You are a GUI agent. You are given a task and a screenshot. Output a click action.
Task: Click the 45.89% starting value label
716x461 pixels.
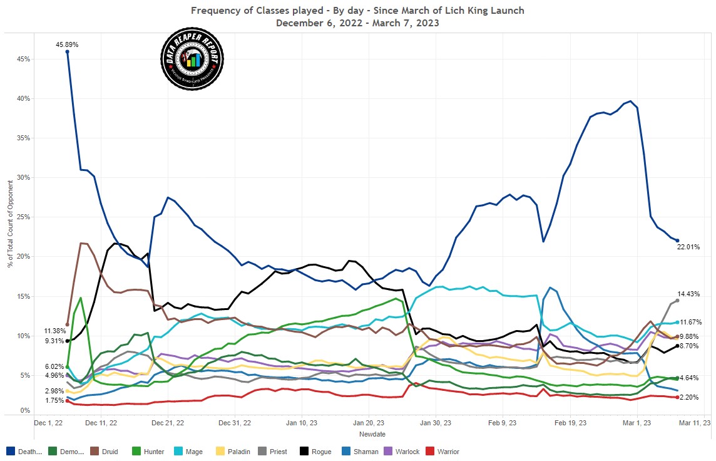click(66, 44)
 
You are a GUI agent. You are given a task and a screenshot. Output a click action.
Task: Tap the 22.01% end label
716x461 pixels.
click(688, 247)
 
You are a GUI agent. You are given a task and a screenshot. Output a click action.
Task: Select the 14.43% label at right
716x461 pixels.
click(688, 293)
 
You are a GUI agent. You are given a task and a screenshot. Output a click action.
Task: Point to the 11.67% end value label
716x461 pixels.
click(691, 322)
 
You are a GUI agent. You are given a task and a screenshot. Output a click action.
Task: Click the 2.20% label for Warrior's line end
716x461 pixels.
click(688, 397)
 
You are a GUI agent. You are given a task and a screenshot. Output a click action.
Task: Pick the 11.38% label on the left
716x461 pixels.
click(54, 330)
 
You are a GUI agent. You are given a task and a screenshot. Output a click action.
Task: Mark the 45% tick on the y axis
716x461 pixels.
click(23, 59)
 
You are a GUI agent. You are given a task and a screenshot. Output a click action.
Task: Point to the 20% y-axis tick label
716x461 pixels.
click(23, 257)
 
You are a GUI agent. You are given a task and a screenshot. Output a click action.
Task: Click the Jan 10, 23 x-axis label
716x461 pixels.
click(301, 423)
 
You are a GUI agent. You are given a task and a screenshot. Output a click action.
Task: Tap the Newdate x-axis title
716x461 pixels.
click(372, 434)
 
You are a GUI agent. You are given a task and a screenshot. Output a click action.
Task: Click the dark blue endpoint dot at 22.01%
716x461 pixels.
click(677, 241)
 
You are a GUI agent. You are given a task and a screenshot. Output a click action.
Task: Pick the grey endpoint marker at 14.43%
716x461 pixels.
click(677, 301)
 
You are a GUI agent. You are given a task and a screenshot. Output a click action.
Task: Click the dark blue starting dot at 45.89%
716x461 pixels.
click(67, 51)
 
